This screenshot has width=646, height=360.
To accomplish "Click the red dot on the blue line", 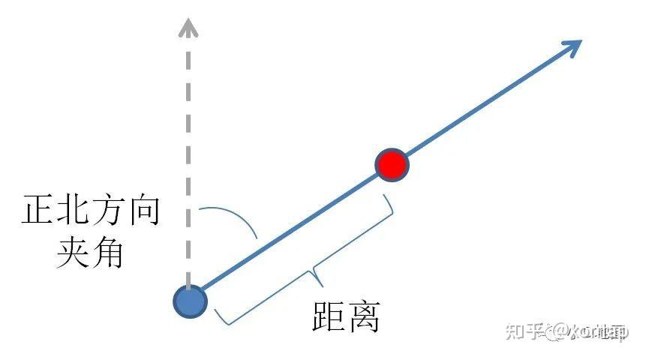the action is point(391,164).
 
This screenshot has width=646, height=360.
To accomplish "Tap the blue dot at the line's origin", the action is point(190,301).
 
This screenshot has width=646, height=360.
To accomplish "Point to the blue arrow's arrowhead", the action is point(573,46).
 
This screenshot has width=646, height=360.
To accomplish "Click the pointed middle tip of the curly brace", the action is point(319,283).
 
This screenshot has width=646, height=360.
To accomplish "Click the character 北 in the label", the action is point(74,212).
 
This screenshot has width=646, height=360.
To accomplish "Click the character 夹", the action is point(74,255).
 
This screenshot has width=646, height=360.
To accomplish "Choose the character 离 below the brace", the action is point(363,316).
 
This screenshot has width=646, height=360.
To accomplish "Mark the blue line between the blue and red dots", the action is point(293,232).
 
